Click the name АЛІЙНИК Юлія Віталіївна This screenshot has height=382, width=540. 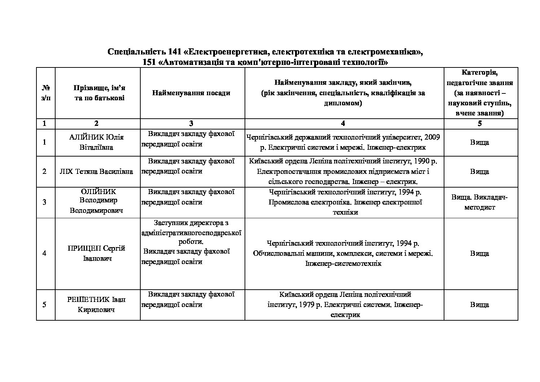(x=96, y=142)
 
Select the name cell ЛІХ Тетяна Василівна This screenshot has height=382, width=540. (x=96, y=171)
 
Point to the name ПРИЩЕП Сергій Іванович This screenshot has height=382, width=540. (x=96, y=253)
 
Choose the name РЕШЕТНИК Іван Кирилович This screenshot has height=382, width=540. (x=96, y=304)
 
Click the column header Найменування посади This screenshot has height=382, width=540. (x=191, y=93)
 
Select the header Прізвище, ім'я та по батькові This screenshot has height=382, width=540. (x=99, y=93)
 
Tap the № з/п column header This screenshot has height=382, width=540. (x=45, y=93)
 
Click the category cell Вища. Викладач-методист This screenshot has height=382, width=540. (x=480, y=202)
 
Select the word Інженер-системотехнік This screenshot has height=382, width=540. (x=343, y=264)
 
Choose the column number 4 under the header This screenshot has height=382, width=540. (x=343, y=123)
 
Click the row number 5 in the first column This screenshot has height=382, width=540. (x=44, y=304)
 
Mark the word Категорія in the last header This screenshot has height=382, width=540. (x=480, y=73)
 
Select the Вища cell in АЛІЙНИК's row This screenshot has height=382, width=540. (x=480, y=142)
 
